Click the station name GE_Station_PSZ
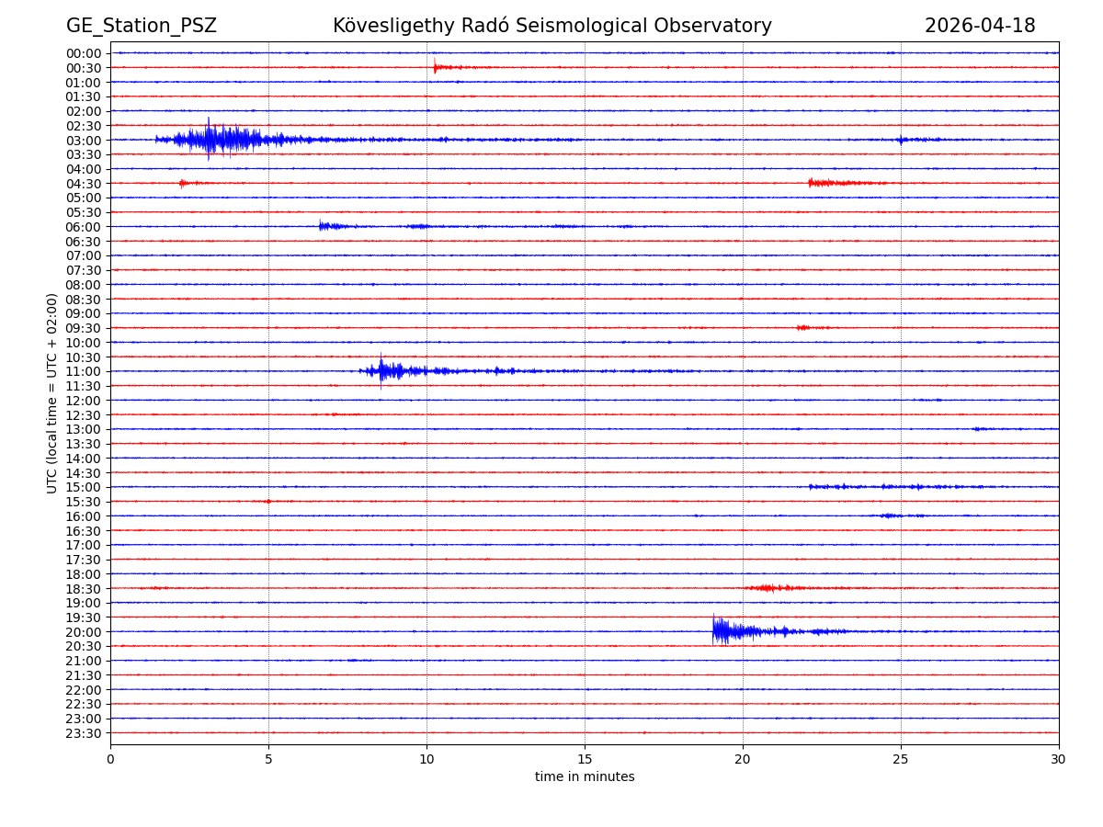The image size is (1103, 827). coord(141,26)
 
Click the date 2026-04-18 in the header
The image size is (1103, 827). coord(979,26)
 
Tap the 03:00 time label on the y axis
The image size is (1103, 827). coord(84,141)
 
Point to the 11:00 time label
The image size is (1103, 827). coord(84,371)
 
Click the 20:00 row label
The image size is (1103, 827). coord(84,632)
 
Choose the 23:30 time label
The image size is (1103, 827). coord(84,733)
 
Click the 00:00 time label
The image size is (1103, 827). coord(84,53)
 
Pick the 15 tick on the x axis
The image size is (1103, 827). coord(585,760)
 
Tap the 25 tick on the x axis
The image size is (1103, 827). coord(901,760)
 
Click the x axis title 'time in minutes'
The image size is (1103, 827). coord(585,777)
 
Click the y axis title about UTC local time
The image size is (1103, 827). coord(53,393)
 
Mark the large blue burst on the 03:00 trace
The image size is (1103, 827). coord(216,140)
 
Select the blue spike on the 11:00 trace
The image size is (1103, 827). coord(381,370)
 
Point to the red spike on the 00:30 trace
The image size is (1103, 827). coord(436,67)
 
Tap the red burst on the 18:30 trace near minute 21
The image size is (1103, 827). coord(768,588)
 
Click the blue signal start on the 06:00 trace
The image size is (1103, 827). coord(322,226)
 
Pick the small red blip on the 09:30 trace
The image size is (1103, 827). coord(803,328)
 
